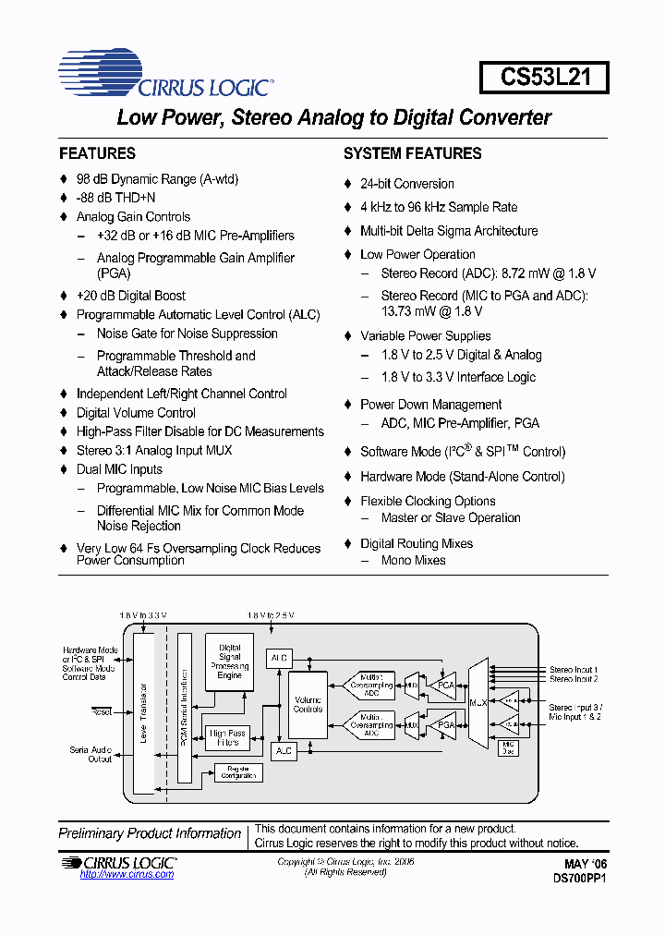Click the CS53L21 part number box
544,77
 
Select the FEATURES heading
97,153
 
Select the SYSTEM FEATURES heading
412,153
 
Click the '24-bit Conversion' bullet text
406,184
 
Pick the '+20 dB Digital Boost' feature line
130,296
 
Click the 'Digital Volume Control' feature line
136,413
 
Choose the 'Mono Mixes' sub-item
413,560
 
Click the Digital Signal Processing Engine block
230,662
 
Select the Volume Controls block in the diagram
308,704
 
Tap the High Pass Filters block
228,737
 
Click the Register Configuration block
238,772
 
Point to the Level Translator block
143,711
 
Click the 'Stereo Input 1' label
574,669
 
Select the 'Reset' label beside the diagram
102,711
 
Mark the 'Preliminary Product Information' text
150,833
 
